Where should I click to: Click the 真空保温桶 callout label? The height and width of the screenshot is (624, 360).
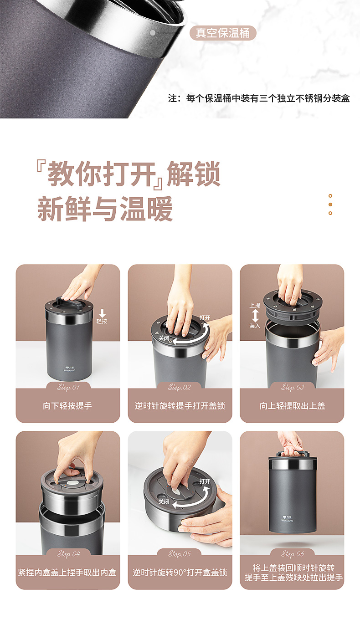(x=223, y=33)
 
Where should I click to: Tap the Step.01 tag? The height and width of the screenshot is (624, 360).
(x=68, y=387)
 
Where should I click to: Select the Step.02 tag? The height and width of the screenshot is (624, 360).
(x=180, y=387)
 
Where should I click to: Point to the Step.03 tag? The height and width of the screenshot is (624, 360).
(x=292, y=387)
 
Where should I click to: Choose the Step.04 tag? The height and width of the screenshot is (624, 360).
(x=68, y=554)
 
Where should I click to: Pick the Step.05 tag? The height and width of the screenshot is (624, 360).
(x=180, y=554)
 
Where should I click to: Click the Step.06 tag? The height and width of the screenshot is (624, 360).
(x=292, y=554)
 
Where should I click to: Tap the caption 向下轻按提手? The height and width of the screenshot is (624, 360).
(x=68, y=405)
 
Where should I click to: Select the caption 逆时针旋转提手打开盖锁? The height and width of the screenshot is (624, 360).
(x=180, y=405)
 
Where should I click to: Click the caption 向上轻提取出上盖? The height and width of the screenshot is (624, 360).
(x=292, y=405)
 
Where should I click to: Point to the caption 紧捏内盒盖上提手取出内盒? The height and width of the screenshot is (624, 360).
(x=68, y=572)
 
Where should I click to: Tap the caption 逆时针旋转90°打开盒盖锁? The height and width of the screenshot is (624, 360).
(x=180, y=572)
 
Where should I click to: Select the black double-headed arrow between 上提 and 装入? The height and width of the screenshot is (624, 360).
(x=255, y=316)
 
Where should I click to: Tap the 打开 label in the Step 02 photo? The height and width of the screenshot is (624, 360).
(x=205, y=317)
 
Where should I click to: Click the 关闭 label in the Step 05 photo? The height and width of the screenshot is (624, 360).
(x=164, y=501)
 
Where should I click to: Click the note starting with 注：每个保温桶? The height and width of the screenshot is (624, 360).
(x=259, y=98)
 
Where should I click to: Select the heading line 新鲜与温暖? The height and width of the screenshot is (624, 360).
(x=105, y=209)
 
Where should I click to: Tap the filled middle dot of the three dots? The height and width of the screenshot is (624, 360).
(x=330, y=205)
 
